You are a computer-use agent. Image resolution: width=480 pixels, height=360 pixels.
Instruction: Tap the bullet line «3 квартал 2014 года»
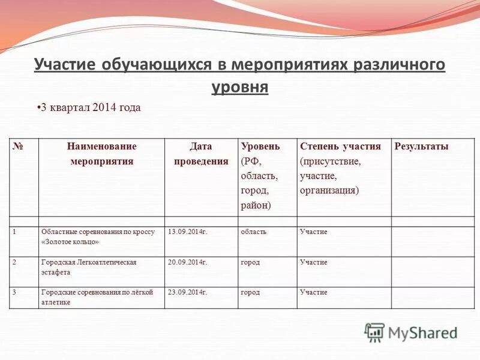(x=90, y=107)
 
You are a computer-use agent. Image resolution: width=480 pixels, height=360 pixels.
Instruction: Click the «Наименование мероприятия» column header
(x=101, y=154)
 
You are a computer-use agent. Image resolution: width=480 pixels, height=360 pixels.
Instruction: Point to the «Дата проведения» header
(x=201, y=154)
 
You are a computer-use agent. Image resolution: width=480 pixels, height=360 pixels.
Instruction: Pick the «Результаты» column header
(x=421, y=146)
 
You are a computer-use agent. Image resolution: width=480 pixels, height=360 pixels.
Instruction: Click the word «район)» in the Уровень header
(x=256, y=205)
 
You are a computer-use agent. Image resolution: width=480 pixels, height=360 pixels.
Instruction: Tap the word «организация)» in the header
(x=329, y=190)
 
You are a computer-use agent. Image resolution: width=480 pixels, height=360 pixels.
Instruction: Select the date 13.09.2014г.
(x=187, y=232)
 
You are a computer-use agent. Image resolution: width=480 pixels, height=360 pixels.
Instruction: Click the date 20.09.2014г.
(x=187, y=262)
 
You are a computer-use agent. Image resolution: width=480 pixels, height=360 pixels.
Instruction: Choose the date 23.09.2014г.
(x=187, y=292)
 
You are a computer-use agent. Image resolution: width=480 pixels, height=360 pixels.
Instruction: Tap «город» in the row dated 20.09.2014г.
(x=250, y=262)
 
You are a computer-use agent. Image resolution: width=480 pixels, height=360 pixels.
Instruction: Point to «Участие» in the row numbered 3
(x=313, y=292)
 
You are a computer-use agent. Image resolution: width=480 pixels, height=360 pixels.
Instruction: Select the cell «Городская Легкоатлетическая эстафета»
(x=89, y=267)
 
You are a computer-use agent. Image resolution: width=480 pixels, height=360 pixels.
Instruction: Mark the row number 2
(x=14, y=262)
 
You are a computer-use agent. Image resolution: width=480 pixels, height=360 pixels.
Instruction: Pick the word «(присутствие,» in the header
(x=330, y=161)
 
